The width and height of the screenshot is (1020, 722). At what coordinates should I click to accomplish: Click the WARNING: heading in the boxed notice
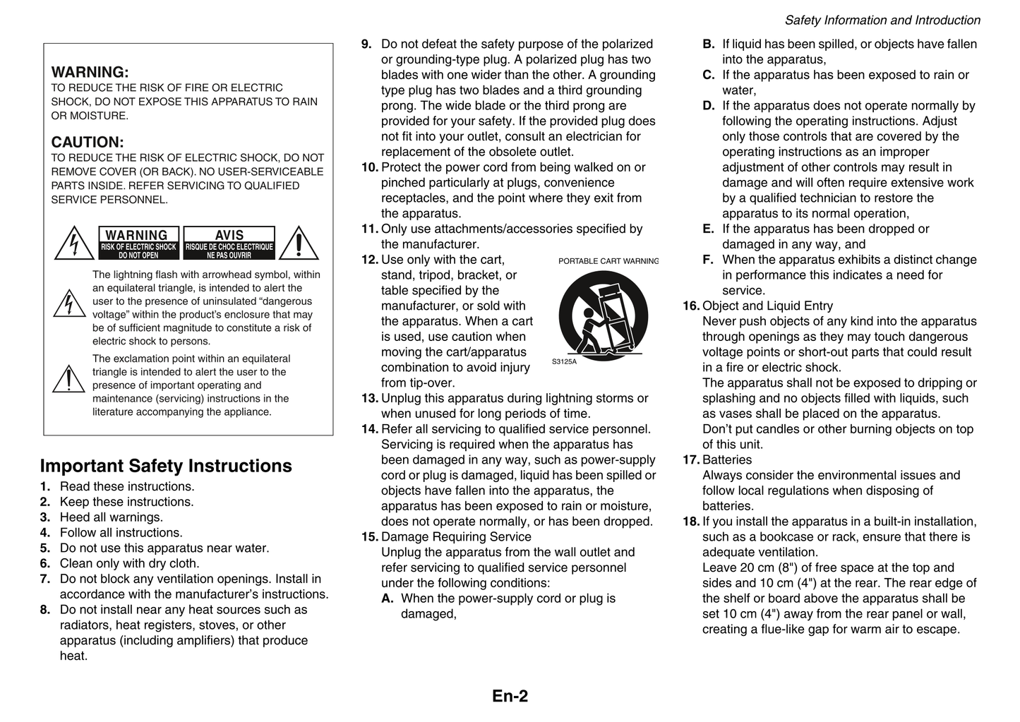coord(90,72)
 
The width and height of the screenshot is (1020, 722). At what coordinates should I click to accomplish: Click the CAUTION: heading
coord(87,142)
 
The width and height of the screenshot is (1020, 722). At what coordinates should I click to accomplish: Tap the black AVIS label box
coord(229,243)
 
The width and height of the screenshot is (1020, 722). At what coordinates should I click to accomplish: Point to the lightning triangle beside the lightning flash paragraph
coord(68,303)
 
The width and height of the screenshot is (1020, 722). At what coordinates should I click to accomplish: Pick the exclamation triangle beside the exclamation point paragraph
coord(68,380)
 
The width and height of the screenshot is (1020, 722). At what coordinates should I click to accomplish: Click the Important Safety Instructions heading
coord(166,466)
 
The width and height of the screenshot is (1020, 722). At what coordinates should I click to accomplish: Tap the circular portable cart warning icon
coord(603,313)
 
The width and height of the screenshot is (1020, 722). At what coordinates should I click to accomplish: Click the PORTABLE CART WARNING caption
coord(608,261)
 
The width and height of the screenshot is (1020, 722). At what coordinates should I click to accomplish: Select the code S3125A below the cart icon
coord(564,362)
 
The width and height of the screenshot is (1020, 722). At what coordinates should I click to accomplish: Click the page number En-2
coord(510,697)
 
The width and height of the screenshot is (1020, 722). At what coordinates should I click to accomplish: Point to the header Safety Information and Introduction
coord(882,20)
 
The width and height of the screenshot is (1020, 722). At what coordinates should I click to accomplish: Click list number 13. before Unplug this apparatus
coord(370,399)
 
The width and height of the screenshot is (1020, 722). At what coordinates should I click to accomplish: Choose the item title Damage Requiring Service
coord(456,537)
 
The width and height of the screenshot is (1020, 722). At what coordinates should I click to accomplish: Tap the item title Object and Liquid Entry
coord(767,306)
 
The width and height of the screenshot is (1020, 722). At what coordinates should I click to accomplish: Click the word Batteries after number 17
coord(727,460)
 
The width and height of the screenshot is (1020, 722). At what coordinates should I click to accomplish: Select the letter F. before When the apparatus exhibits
coord(708,260)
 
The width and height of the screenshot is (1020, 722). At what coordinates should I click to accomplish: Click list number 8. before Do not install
coord(45,610)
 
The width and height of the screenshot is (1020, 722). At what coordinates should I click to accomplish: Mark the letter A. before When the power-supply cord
coord(387,598)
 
